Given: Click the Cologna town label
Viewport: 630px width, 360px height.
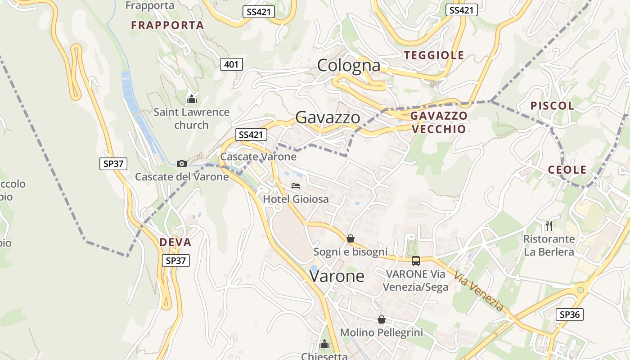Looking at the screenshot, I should (349, 66).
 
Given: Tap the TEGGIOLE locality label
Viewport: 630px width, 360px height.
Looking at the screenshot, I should (434, 55).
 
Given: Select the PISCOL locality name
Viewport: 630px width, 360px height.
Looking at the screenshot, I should (552, 106).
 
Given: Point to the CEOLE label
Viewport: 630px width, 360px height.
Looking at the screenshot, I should (567, 170).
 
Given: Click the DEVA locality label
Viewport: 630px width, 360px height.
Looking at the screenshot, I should (175, 242).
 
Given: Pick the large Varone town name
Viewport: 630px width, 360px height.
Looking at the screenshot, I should (337, 276).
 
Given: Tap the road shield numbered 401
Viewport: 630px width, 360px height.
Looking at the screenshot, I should (231, 64).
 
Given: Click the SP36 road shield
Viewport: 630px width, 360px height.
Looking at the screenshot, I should (569, 315).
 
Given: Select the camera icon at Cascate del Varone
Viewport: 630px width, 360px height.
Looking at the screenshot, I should (182, 163).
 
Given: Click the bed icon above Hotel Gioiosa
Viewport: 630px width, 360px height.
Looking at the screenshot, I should (296, 185).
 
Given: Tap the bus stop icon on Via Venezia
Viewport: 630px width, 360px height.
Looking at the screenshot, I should (415, 261).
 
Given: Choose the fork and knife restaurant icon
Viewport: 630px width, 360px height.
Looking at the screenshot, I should (549, 225).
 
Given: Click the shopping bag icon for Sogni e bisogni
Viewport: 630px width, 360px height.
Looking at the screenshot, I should (351, 238).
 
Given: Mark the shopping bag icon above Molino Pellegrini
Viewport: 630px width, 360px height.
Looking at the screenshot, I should (382, 319).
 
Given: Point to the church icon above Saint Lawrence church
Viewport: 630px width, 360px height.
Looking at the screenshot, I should (192, 99).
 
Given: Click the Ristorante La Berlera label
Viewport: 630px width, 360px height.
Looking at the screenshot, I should (549, 245).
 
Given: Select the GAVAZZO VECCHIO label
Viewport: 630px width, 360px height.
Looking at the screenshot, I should (439, 122).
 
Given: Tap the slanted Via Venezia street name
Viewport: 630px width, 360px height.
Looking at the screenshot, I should (479, 291).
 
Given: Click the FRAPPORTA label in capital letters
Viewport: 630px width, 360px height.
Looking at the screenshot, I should (167, 25).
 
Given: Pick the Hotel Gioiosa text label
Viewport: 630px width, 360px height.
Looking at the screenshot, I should (296, 199).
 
